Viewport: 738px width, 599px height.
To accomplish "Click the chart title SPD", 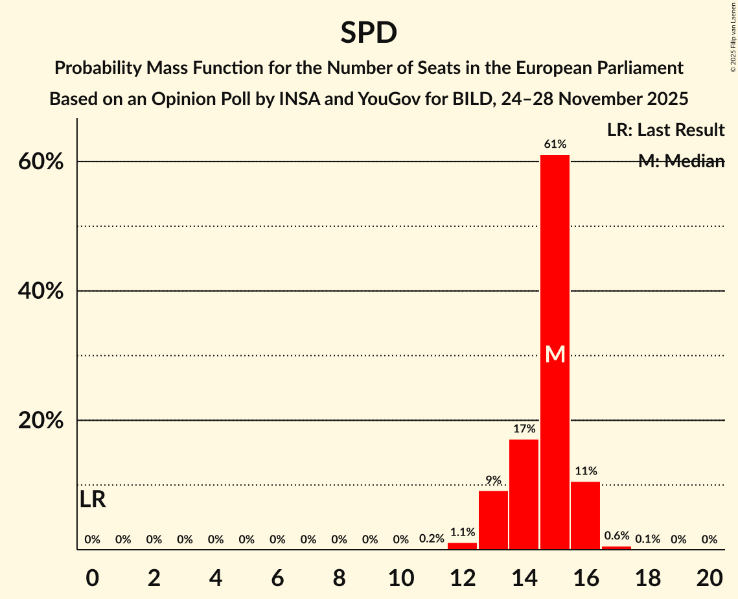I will point(369,32).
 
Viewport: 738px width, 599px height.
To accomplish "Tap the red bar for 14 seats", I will point(524,494).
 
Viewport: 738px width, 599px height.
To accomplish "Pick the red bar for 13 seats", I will point(493,520).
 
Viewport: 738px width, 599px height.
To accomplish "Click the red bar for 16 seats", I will point(586,515).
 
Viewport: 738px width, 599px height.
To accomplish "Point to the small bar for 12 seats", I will point(463,546).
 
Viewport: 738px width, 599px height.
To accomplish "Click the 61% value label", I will point(555,144).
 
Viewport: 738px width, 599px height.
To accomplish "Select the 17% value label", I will point(524,429).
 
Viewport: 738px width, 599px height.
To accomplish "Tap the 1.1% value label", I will point(463,532).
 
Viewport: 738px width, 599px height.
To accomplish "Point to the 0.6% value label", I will point(617,535).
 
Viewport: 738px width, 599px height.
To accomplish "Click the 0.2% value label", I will point(432,539).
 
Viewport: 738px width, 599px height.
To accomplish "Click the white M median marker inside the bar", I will point(555,354).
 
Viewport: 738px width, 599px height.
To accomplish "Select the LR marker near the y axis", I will point(93,500).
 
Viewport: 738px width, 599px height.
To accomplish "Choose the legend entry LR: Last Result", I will point(665,130).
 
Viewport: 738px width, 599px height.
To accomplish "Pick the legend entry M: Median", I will point(681,161).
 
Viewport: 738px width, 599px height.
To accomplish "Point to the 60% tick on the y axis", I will point(40,161).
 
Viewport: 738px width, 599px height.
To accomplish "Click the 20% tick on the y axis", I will point(40,421).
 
